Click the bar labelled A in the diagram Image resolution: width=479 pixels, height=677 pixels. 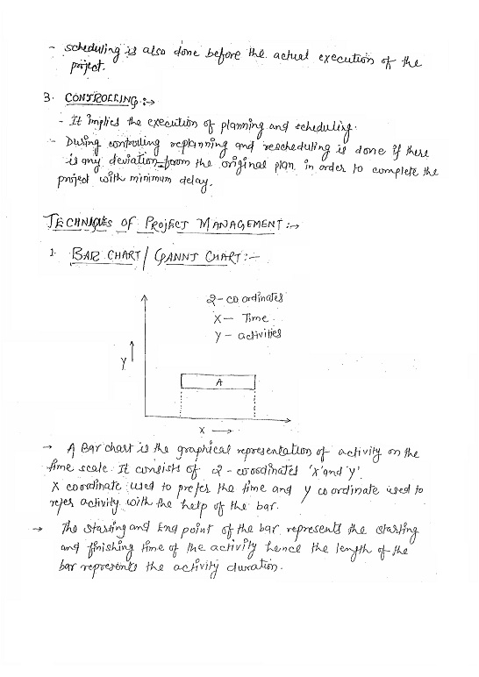pyautogui.click(x=218, y=382)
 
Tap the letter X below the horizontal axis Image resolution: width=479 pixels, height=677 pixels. pyautogui.click(x=202, y=430)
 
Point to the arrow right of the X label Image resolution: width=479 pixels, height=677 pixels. pyautogui.click(x=223, y=431)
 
